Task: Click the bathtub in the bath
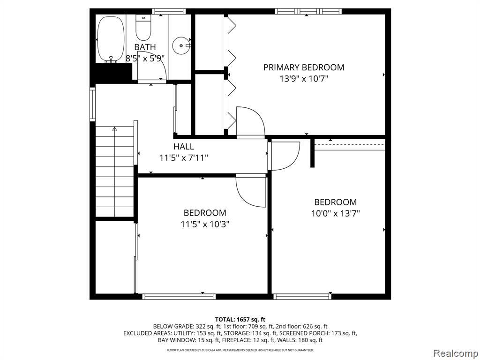click(x=111, y=39)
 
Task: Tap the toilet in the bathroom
click(x=143, y=28)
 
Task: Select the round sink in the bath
click(x=181, y=45)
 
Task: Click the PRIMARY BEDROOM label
click(x=304, y=67)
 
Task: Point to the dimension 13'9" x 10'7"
click(x=304, y=79)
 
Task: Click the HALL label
click(x=184, y=146)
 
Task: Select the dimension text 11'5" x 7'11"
click(x=184, y=158)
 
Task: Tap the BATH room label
click(x=145, y=47)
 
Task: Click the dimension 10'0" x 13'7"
click(x=336, y=213)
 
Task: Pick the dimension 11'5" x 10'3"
click(x=205, y=225)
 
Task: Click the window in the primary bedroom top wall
click(x=308, y=11)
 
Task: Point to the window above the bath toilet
click(x=169, y=11)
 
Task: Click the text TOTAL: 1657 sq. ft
click(x=240, y=320)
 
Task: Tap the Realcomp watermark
click(x=456, y=353)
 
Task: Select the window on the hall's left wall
click(x=92, y=104)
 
